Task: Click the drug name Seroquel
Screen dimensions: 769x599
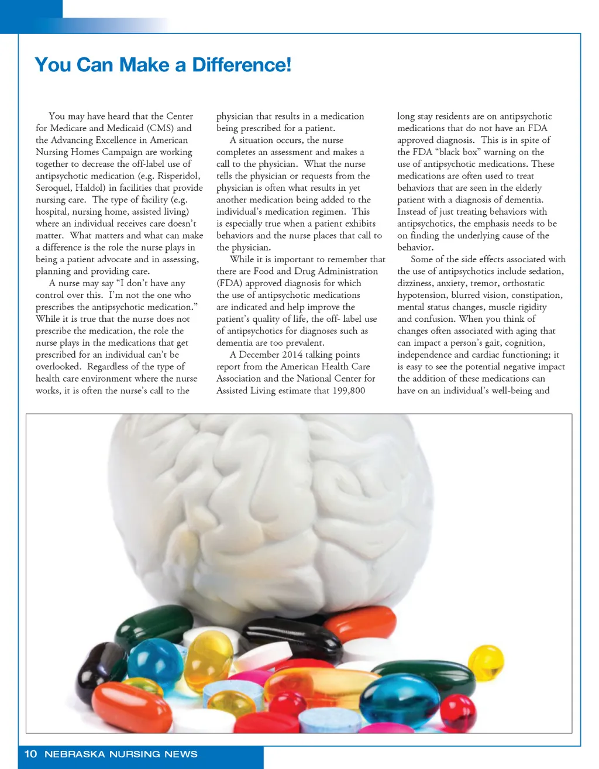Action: [53, 188]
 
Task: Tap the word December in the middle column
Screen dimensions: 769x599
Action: [263, 355]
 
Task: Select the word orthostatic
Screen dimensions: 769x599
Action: [524, 283]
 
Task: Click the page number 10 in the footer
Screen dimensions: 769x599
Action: [31, 754]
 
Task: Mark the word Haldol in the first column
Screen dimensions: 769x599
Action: [89, 188]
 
